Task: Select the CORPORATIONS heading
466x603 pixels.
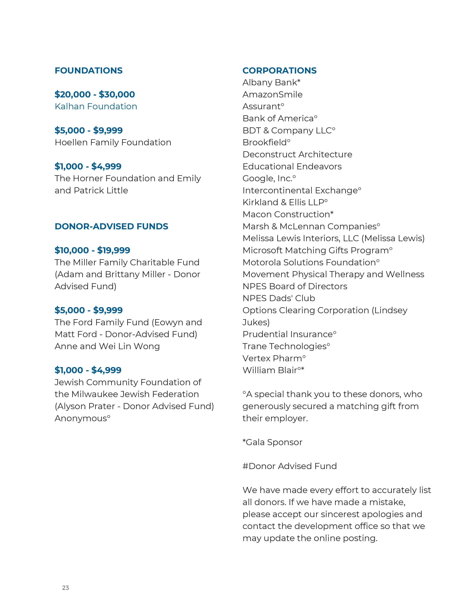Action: click(x=279, y=71)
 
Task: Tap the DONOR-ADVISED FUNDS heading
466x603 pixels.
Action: click(x=111, y=226)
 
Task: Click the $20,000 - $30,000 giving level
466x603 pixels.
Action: click(x=95, y=94)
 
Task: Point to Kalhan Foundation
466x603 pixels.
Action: click(x=96, y=107)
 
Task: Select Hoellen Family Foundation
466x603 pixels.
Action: click(x=113, y=143)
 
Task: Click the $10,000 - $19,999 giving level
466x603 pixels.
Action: click(x=92, y=250)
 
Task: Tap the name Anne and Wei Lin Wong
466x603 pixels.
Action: click(x=107, y=346)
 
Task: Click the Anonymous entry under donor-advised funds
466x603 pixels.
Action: click(x=82, y=418)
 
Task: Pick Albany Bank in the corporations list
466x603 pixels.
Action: click(x=271, y=83)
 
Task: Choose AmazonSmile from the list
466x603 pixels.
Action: click(x=272, y=95)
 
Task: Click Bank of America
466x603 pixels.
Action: click(x=280, y=118)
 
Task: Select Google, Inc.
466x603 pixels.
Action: click(x=269, y=178)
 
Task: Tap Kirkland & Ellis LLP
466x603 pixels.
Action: click(x=285, y=202)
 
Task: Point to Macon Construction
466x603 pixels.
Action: click(x=288, y=215)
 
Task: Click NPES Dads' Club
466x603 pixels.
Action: click(x=279, y=298)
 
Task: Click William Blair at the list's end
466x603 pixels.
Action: click(x=273, y=370)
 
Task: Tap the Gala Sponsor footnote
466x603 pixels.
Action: click(x=272, y=442)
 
